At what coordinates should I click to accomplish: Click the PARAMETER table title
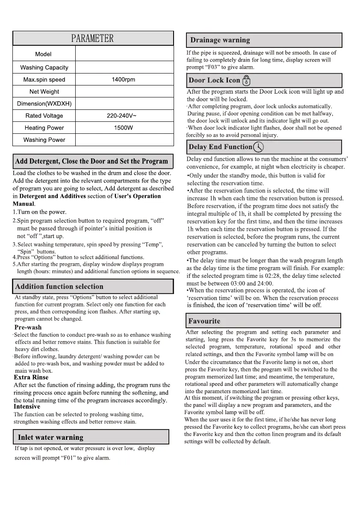[x=92, y=38]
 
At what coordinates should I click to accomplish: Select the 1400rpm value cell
[x=124, y=79]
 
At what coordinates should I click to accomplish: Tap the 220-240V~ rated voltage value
[x=124, y=116]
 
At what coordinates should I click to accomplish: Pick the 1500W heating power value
[x=124, y=128]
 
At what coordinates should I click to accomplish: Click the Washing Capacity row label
[x=44, y=68]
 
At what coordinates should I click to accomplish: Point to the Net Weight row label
[x=44, y=91]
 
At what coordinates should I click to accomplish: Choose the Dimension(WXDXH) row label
[x=44, y=104]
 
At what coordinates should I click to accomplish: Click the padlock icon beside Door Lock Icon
[x=246, y=80]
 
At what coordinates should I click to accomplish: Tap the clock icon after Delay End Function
[x=258, y=147]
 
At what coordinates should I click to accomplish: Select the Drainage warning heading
[x=220, y=40]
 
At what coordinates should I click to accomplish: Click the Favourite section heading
[x=204, y=321]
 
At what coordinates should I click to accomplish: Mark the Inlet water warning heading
[x=50, y=437]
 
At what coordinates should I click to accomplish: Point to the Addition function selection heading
[x=59, y=286]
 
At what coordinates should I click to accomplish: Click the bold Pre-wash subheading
[x=28, y=327]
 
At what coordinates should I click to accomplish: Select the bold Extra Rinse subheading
[x=31, y=377]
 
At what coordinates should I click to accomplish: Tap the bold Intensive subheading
[x=27, y=406]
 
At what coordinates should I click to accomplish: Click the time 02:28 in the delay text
[x=271, y=276]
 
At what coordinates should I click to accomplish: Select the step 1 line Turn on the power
[x=39, y=212]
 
